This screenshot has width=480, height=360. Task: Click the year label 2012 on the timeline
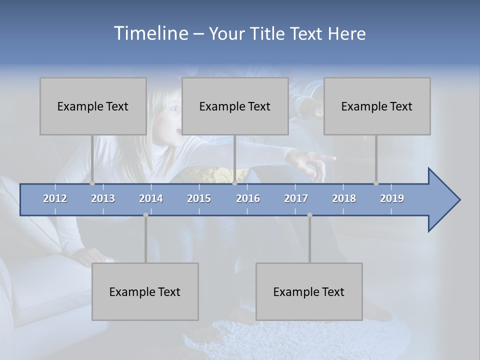click(55, 198)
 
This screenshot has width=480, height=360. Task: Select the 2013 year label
click(103, 198)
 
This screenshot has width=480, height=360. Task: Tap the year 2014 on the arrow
click(151, 198)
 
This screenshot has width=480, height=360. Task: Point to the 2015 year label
click(199, 198)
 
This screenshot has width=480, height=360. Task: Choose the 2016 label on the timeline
click(248, 198)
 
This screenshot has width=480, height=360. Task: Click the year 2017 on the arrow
click(296, 198)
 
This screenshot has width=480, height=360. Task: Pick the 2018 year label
click(344, 198)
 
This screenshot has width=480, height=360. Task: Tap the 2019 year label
click(392, 198)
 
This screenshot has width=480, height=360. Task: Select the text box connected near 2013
click(93, 106)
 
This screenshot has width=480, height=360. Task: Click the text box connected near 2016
click(235, 106)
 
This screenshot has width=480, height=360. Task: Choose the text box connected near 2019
click(377, 106)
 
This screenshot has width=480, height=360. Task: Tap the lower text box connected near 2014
click(145, 291)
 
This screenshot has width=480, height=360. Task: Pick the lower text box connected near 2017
click(309, 291)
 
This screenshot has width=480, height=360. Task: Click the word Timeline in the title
click(149, 33)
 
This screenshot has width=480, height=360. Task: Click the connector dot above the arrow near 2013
click(92, 183)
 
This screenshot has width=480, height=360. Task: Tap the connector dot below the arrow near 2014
click(145, 215)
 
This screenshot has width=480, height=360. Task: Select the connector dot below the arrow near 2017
click(309, 215)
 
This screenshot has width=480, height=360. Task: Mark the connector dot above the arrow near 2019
click(376, 183)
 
